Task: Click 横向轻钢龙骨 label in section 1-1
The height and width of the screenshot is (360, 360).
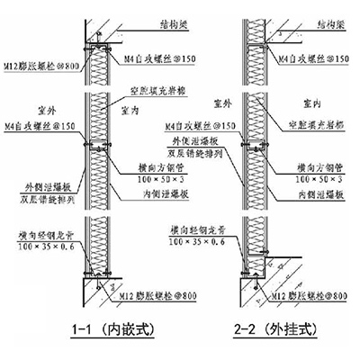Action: point(41,233)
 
